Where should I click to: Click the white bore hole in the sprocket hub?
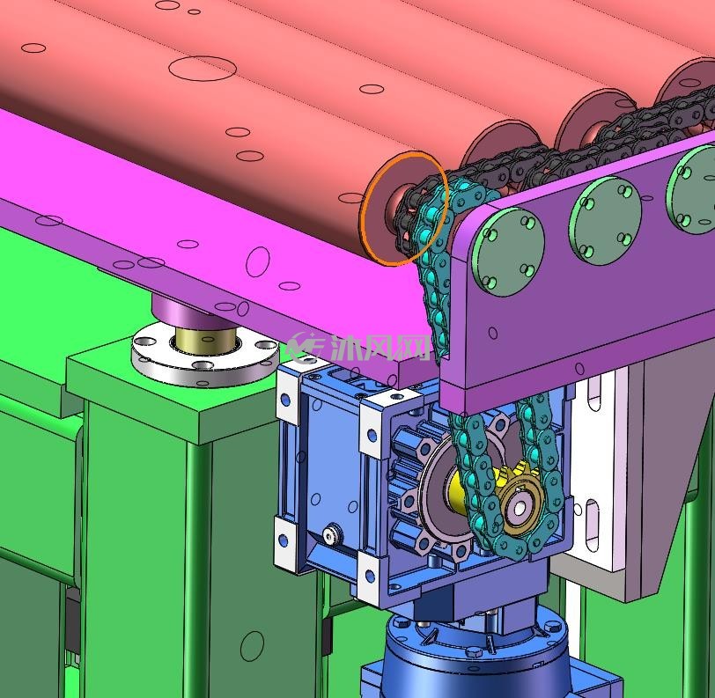click(519, 507)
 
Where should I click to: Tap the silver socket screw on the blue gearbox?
click(332, 534)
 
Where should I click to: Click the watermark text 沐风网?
click(380, 348)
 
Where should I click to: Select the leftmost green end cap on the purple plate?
click(507, 252)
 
